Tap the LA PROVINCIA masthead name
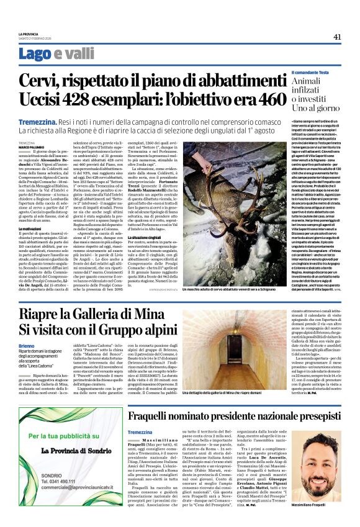click(x=29, y=34)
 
